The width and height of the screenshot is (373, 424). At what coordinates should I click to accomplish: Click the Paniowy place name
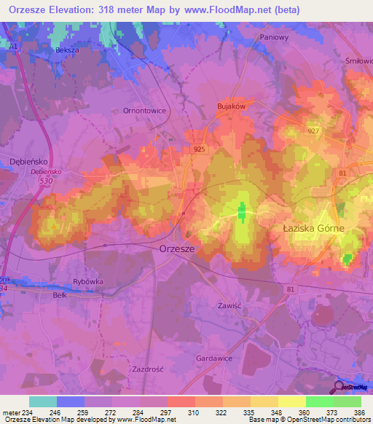(x=275, y=36)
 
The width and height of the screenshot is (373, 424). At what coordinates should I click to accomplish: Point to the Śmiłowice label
(x=358, y=62)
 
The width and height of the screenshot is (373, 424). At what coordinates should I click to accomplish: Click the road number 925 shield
(x=200, y=149)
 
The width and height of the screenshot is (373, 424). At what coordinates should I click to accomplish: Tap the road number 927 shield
(x=314, y=130)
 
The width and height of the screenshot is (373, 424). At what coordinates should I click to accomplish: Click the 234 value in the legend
(x=29, y=412)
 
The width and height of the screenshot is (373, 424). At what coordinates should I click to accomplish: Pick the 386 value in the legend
(x=360, y=412)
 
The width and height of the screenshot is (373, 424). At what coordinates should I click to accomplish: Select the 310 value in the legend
(x=194, y=412)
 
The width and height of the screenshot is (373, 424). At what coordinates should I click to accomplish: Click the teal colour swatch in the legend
(x=42, y=401)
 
